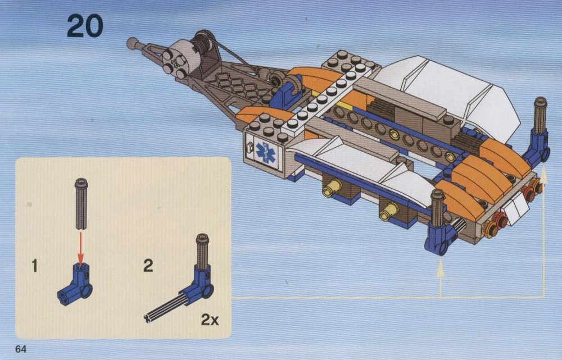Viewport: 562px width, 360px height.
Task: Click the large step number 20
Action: [85, 25]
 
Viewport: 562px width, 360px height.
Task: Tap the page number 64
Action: [21, 349]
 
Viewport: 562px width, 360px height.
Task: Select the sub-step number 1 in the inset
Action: [34, 266]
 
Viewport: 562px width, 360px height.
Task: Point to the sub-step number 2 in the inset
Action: [148, 266]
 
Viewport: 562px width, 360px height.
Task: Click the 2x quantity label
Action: [210, 319]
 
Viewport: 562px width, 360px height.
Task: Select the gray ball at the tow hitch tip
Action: [133, 43]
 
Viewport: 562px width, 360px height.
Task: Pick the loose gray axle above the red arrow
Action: [81, 204]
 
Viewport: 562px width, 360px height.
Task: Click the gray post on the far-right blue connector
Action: [540, 115]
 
